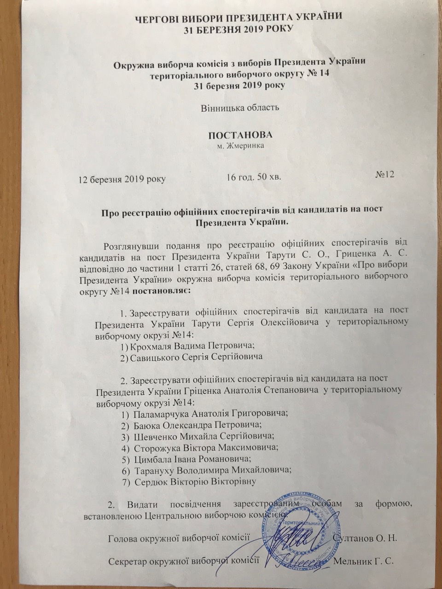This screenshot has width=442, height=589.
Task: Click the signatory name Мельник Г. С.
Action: [x=365, y=562]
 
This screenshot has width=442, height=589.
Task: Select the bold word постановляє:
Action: [x=163, y=291]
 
